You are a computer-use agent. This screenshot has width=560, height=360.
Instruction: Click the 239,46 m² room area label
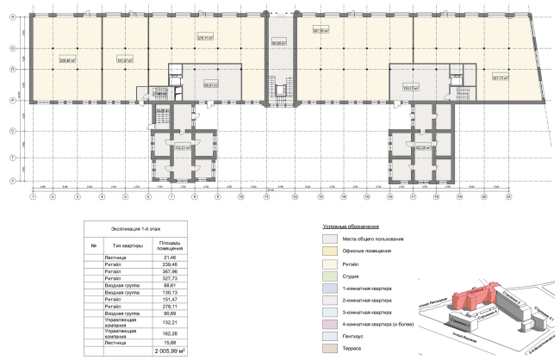tap(67, 61)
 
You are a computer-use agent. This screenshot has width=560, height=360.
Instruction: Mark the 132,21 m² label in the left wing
tap(182, 148)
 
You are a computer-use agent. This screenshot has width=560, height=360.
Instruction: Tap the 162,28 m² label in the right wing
tap(422, 148)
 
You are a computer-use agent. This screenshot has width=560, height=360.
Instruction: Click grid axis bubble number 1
tap(33, 197)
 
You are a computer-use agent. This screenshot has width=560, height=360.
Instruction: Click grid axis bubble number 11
tap(267, 197)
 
